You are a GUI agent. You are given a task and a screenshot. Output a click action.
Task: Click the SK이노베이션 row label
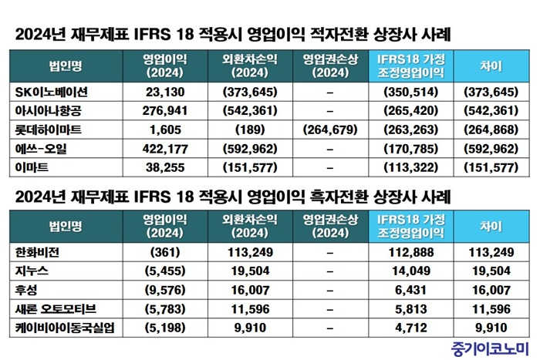tap(48, 91)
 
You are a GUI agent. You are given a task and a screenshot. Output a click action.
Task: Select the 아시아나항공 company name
tap(47, 109)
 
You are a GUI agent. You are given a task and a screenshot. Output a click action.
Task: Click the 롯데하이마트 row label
tap(48, 128)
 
